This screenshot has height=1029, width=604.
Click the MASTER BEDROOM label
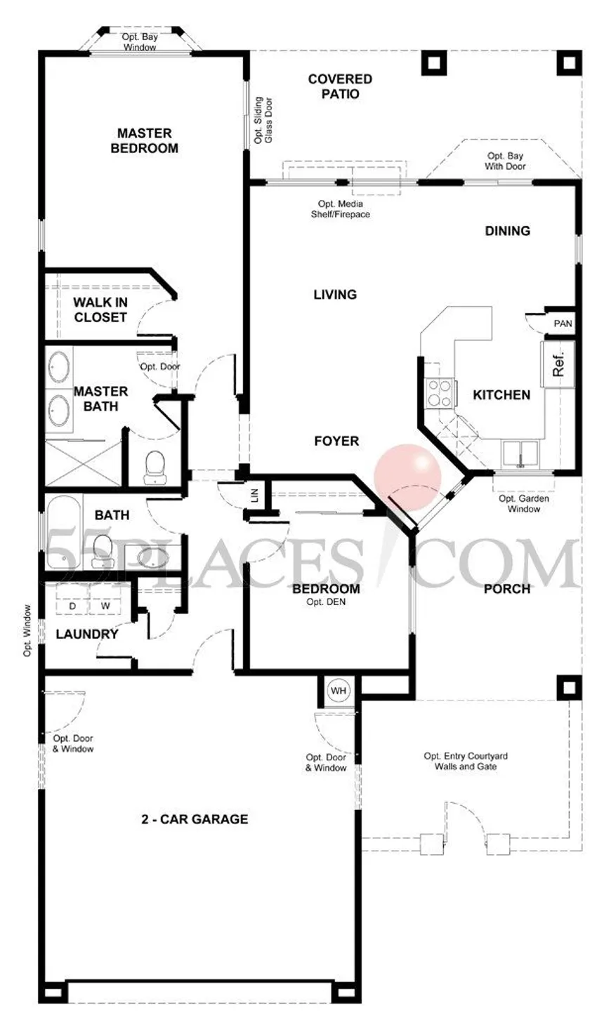pos(145,140)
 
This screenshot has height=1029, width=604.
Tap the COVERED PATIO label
pos(340,86)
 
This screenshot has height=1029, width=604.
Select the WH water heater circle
pos(339,691)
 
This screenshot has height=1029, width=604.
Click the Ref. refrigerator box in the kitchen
pos(558,364)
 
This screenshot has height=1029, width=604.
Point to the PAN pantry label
pos(563,324)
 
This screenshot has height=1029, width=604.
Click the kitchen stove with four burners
pos(439,393)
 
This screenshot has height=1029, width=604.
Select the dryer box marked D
pos(72,606)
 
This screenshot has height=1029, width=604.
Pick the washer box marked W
pos(106,606)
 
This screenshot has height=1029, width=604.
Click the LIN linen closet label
pos(255,496)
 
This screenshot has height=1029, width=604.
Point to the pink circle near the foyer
pos(407,478)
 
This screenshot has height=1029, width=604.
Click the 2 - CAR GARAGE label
pos(195,819)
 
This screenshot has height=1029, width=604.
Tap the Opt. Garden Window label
pos(524,503)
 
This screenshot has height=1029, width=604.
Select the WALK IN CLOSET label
pos(100,310)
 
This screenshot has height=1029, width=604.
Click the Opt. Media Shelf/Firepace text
pos(340,208)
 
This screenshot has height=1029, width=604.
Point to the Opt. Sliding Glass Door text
pos(263,120)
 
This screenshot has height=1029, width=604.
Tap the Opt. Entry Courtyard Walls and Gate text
pos(466,761)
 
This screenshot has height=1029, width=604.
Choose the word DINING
pos(508,231)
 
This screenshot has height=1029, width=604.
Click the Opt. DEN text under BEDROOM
pos(326,602)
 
